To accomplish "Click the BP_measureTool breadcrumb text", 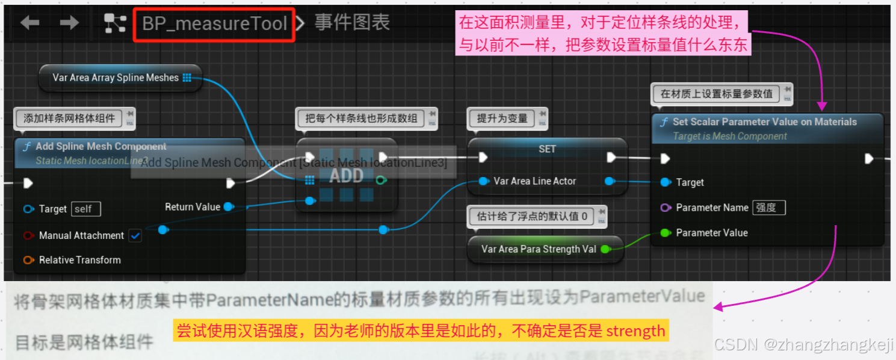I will click(x=214, y=24).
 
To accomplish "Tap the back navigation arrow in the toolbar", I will click(x=29, y=23).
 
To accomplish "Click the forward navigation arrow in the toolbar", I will click(x=69, y=23).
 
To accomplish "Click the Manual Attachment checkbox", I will click(x=135, y=235).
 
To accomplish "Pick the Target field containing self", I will click(x=85, y=209).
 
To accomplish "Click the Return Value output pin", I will click(x=229, y=207).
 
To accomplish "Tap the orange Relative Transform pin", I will click(x=28, y=260).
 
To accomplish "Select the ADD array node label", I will click(x=346, y=176).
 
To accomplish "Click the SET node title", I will click(x=547, y=149).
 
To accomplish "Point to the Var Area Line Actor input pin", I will click(x=484, y=181).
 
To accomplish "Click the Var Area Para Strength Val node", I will click(x=539, y=249).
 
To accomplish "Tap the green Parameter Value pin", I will click(x=665, y=233).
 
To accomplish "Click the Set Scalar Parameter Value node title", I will click(x=764, y=122).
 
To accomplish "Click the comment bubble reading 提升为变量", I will click(x=502, y=119).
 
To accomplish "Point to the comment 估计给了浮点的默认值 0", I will click(x=532, y=216).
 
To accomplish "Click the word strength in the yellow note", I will click(x=635, y=331).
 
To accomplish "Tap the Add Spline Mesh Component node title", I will click(x=101, y=146).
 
